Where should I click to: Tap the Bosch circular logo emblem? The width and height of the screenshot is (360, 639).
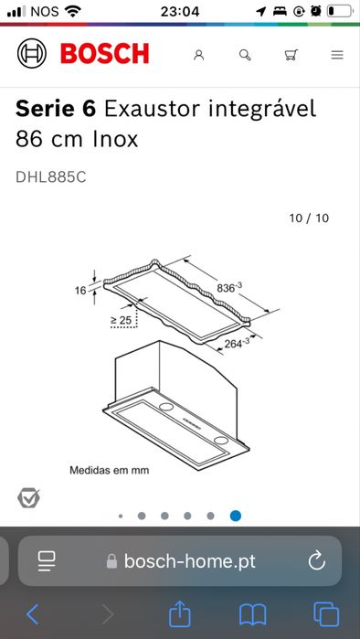point(32,54)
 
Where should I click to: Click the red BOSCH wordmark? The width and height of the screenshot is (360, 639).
point(104,54)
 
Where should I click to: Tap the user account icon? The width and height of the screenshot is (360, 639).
point(198,55)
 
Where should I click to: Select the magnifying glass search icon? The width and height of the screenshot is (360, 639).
point(244,55)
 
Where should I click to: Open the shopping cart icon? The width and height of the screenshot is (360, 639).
point(291,55)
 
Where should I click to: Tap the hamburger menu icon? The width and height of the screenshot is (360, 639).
point(337,55)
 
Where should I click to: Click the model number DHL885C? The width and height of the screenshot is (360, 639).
point(51,177)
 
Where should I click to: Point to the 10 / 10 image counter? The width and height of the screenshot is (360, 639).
point(308,218)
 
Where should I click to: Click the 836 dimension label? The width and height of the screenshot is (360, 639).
point(229,288)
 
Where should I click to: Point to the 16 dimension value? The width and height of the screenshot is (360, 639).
point(81,291)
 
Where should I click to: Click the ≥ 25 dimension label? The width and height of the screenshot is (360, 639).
point(121,319)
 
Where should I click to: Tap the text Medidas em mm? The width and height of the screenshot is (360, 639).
point(110,470)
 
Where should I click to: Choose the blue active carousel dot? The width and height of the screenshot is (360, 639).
point(235,516)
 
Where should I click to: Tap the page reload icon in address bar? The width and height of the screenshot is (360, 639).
point(317,560)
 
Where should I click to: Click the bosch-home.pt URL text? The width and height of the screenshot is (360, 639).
point(189,561)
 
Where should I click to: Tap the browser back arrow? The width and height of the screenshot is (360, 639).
point(33,613)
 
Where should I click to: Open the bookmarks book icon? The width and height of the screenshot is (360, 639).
point(252,613)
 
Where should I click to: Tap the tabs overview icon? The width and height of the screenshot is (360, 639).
point(325,613)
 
